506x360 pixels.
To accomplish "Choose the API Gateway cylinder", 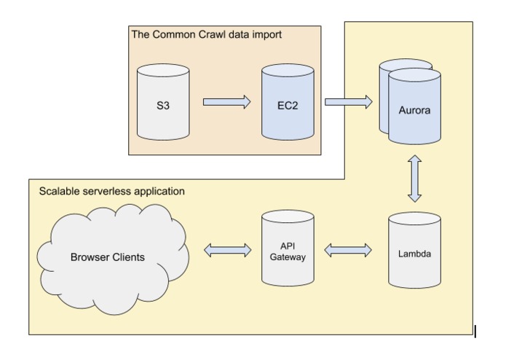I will (x=288, y=249).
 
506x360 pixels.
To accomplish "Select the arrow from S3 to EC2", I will (x=226, y=102).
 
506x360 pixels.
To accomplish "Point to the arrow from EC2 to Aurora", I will (x=347, y=102).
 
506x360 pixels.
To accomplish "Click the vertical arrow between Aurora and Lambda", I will (x=414, y=176).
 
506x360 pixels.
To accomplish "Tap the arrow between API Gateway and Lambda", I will (x=347, y=251).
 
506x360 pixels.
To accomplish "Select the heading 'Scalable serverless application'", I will (x=111, y=192).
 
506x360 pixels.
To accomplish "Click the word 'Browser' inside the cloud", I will (x=90, y=257).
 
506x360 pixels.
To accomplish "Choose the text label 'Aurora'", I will (x=415, y=110).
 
